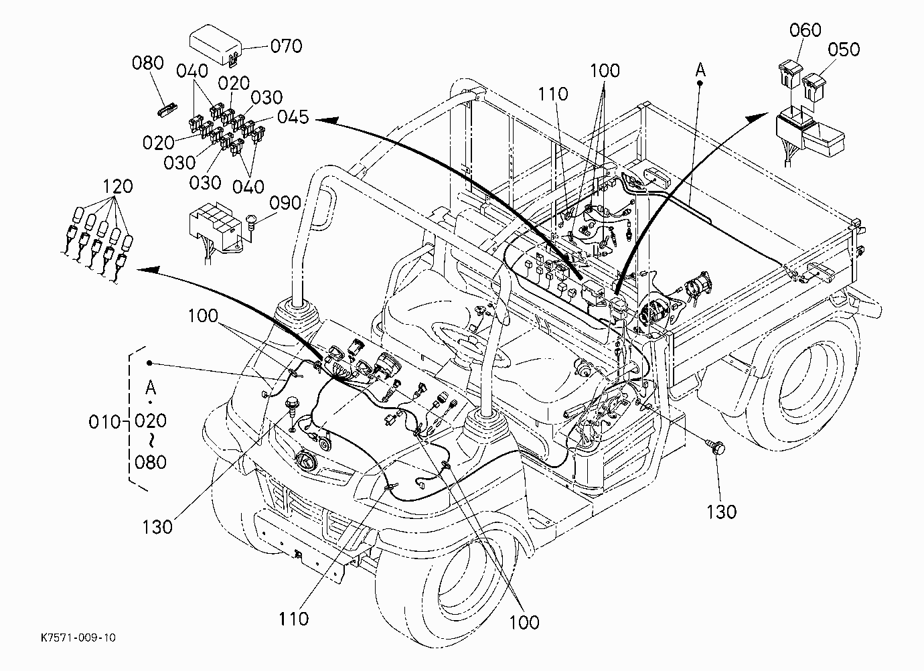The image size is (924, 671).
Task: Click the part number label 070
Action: coord(286,46)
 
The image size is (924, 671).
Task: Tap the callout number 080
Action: coord(148,63)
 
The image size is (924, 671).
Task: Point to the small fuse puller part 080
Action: coord(168,110)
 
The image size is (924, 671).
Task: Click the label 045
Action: coord(293,117)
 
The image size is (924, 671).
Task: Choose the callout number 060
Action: coord(805,30)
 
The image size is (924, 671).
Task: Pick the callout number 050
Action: coord(844,50)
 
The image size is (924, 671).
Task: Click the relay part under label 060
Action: coord(789,75)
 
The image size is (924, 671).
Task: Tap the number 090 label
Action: coord(285,203)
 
